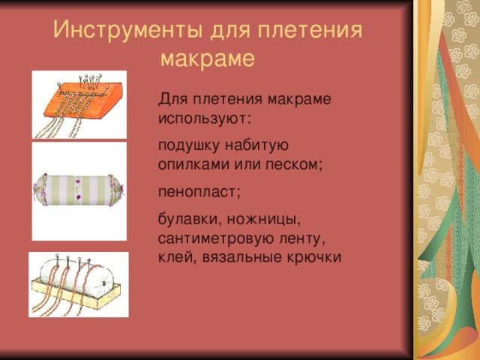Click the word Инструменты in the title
coord(127,31)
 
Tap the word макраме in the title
coord(207,58)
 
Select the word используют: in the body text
coord(205,118)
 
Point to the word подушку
coord(188,145)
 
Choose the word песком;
coord(294,165)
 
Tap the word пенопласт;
coord(199,192)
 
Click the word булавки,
coord(190,219)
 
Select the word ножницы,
coord(263,220)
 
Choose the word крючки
coord(314,256)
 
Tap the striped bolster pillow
coord(79,190)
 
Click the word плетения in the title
coord(310,31)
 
